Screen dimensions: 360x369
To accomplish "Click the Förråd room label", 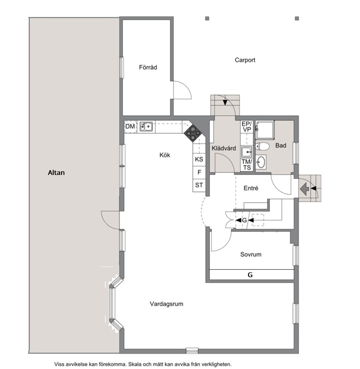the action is pos(148,67).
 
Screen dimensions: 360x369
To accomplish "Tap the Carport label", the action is pos(245,60).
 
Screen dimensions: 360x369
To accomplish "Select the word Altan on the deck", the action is pos(56,173).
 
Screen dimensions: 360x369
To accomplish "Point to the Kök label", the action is pos(165,155).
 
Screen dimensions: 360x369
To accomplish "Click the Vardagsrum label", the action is pos(167,304).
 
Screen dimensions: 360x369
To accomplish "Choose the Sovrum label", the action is pos(251,254).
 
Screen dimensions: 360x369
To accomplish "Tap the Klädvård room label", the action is pos(224,148).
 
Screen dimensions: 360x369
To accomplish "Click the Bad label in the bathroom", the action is pos(281,145).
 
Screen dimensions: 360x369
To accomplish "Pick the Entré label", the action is pos(251,188).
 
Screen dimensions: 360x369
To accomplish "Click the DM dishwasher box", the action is pos(130,127).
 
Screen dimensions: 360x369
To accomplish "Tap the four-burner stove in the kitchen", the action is pos(193,133).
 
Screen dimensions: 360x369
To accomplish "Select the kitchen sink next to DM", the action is pos(146,127).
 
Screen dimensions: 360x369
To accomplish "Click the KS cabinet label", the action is pos(199,159).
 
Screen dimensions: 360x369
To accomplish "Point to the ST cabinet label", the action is pos(199,185).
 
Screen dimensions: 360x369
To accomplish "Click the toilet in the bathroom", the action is pos(262,146).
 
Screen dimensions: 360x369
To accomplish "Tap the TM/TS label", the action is pos(247,165).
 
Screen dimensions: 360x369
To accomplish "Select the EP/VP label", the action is pos(247,127).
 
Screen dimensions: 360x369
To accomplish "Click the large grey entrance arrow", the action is pos(305,188).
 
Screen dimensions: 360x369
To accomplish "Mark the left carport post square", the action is pos(207,19).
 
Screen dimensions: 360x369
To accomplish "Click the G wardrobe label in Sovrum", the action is pos(250,275).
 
